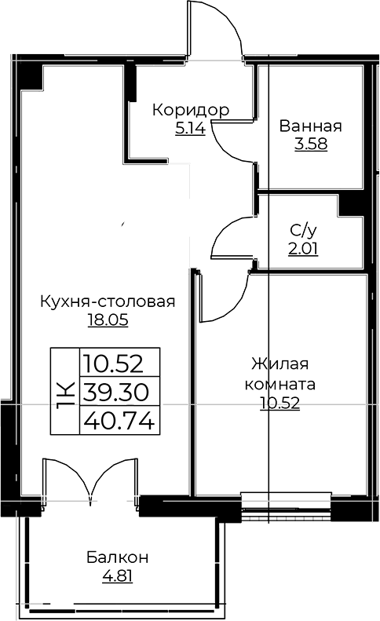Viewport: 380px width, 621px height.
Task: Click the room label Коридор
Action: point(191,110)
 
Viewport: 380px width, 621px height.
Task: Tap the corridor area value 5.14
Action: point(190,129)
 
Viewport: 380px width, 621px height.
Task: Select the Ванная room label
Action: point(311,126)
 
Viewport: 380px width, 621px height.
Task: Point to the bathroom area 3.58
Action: point(311,144)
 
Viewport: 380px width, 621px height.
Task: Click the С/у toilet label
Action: point(304,230)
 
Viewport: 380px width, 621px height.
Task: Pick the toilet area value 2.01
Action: point(304,249)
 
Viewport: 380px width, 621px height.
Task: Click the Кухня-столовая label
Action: point(108,301)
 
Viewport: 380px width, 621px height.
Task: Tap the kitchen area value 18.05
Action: point(108,320)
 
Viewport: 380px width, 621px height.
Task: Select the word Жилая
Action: point(280,365)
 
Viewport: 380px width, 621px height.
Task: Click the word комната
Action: point(280,385)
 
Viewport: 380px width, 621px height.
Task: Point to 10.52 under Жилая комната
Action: point(280,404)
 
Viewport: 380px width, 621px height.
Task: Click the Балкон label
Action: point(117,558)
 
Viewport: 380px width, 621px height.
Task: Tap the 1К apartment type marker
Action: point(65,391)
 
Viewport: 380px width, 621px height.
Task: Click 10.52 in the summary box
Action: point(119,363)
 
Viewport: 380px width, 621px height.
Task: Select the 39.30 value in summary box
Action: point(119,391)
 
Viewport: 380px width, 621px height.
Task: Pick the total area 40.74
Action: point(119,420)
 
